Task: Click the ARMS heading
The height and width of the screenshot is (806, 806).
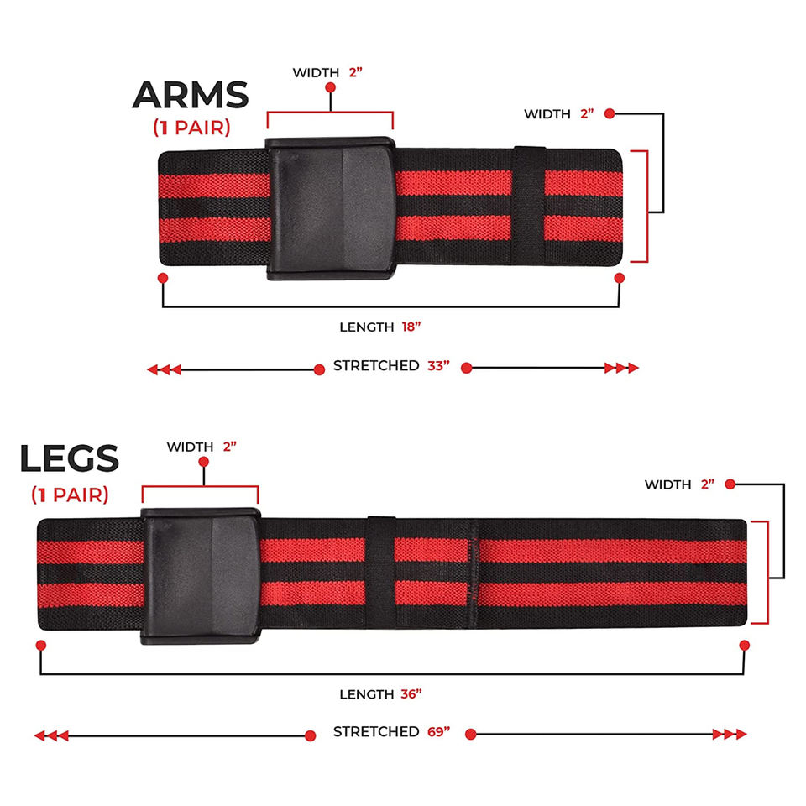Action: pyautogui.click(x=191, y=95)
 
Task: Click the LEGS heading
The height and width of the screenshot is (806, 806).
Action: pyautogui.click(x=70, y=459)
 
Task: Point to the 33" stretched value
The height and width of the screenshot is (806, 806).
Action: pyautogui.click(x=437, y=366)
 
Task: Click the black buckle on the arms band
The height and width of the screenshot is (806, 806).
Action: pyautogui.click(x=331, y=208)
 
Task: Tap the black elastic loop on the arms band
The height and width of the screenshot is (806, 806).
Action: pyautogui.click(x=528, y=206)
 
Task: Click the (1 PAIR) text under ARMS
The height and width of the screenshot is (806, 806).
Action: pyautogui.click(x=191, y=128)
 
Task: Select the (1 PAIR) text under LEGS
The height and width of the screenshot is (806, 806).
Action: pyautogui.click(x=70, y=495)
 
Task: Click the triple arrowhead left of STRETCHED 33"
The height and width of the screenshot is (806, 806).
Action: pyautogui.click(x=164, y=369)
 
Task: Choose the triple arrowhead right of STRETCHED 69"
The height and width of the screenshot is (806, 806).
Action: pyautogui.click(x=729, y=735)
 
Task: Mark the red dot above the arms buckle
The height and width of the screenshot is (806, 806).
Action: pyautogui.click(x=331, y=87)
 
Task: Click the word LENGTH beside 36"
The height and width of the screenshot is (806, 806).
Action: pyautogui.click(x=366, y=694)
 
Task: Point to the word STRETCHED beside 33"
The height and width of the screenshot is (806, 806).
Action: pyautogui.click(x=376, y=366)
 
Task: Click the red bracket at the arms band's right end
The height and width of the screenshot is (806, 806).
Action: pyautogui.click(x=647, y=207)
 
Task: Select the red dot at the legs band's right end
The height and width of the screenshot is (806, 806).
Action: pyautogui.click(x=744, y=645)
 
